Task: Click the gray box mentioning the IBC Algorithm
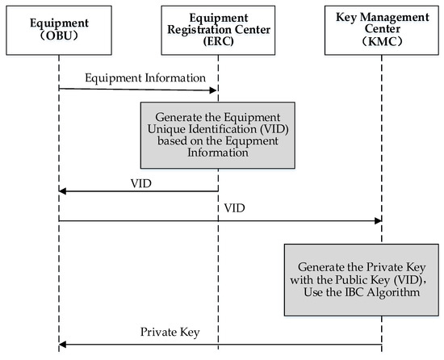tap(362, 279)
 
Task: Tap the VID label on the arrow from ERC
tap(140, 183)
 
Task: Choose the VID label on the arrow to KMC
tap(234, 207)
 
